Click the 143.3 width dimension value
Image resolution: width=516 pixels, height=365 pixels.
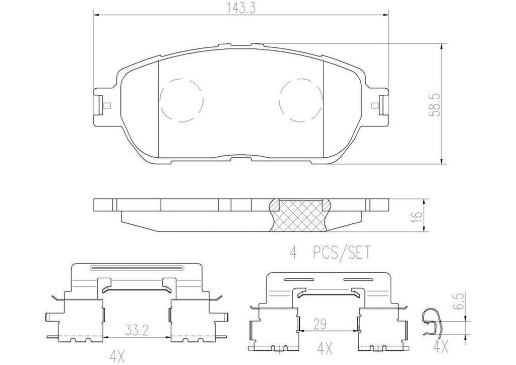[x=242, y=7]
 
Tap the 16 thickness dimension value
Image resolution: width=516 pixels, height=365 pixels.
[x=416, y=218]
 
